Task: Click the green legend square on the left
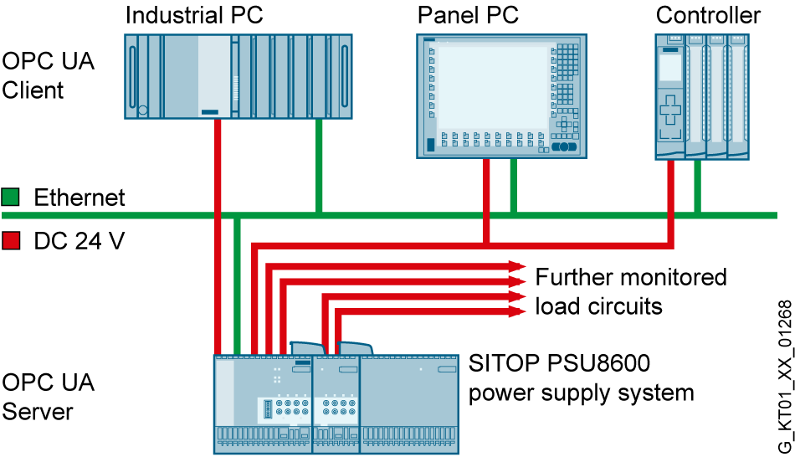tap(10, 197)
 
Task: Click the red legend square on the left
tap(11, 240)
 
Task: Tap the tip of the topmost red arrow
tap(524, 266)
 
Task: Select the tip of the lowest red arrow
tap(524, 311)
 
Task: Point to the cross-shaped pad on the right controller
tap(670, 110)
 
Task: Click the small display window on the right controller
tap(670, 68)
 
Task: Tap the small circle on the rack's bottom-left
tap(143, 110)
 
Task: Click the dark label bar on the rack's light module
tap(210, 111)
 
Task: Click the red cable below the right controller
tap(670, 201)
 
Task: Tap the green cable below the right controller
tap(697, 185)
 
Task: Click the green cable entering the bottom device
tap(238, 285)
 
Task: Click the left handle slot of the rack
tap(132, 75)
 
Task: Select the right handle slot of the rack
tap(344, 75)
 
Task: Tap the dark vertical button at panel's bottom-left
tap(431, 145)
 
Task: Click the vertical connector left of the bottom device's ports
tap(268, 409)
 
